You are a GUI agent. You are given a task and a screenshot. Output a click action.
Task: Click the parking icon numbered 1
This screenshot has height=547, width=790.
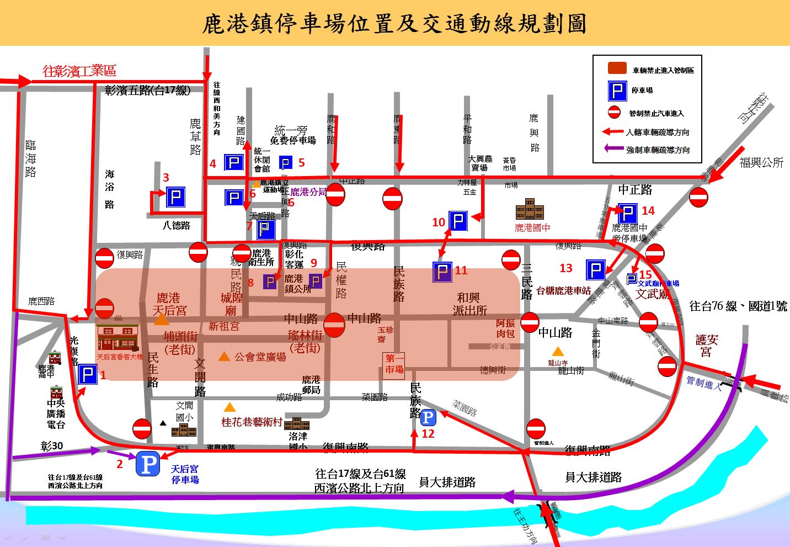click(x=88, y=375)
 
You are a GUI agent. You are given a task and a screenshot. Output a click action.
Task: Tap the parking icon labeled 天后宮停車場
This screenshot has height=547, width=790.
click(x=148, y=464)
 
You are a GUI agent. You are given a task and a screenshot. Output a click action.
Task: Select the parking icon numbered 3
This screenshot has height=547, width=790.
click(x=175, y=197)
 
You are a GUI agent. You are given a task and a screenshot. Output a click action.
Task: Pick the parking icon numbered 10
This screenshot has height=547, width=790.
click(x=458, y=221)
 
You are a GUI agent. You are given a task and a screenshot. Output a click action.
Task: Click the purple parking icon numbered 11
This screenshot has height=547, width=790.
click(x=442, y=272)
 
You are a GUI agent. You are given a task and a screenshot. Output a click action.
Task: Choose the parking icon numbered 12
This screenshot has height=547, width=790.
click(x=429, y=417)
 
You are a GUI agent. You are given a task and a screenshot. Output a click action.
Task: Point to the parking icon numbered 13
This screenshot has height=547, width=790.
click(x=595, y=270)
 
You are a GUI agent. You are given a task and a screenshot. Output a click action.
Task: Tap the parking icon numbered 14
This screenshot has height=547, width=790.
click(x=628, y=213)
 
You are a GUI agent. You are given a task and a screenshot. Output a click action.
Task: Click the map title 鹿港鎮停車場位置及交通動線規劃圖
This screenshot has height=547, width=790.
click(x=394, y=24)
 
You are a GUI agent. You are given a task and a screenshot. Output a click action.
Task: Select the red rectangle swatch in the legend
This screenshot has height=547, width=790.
click(x=617, y=68)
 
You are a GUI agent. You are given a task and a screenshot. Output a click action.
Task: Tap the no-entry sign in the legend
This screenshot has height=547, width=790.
click(x=614, y=112)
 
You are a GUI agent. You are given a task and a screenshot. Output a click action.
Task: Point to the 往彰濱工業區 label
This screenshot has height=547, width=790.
click(x=79, y=71)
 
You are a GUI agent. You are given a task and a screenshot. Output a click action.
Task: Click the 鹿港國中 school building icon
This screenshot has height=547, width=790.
click(x=530, y=209)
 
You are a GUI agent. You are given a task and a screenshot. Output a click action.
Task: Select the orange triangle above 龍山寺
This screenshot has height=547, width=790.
click(x=558, y=351)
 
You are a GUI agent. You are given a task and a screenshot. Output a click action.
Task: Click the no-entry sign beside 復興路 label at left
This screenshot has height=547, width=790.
click(x=105, y=258)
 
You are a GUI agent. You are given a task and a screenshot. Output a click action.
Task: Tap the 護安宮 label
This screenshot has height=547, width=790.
click(x=706, y=346)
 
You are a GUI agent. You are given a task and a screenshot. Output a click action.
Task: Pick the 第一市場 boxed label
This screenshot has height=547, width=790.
click(x=394, y=364)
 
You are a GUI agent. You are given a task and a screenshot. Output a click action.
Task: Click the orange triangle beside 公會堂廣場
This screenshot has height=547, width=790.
click(x=224, y=357)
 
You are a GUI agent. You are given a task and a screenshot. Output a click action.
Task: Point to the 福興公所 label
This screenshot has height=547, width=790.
click(x=761, y=162)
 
